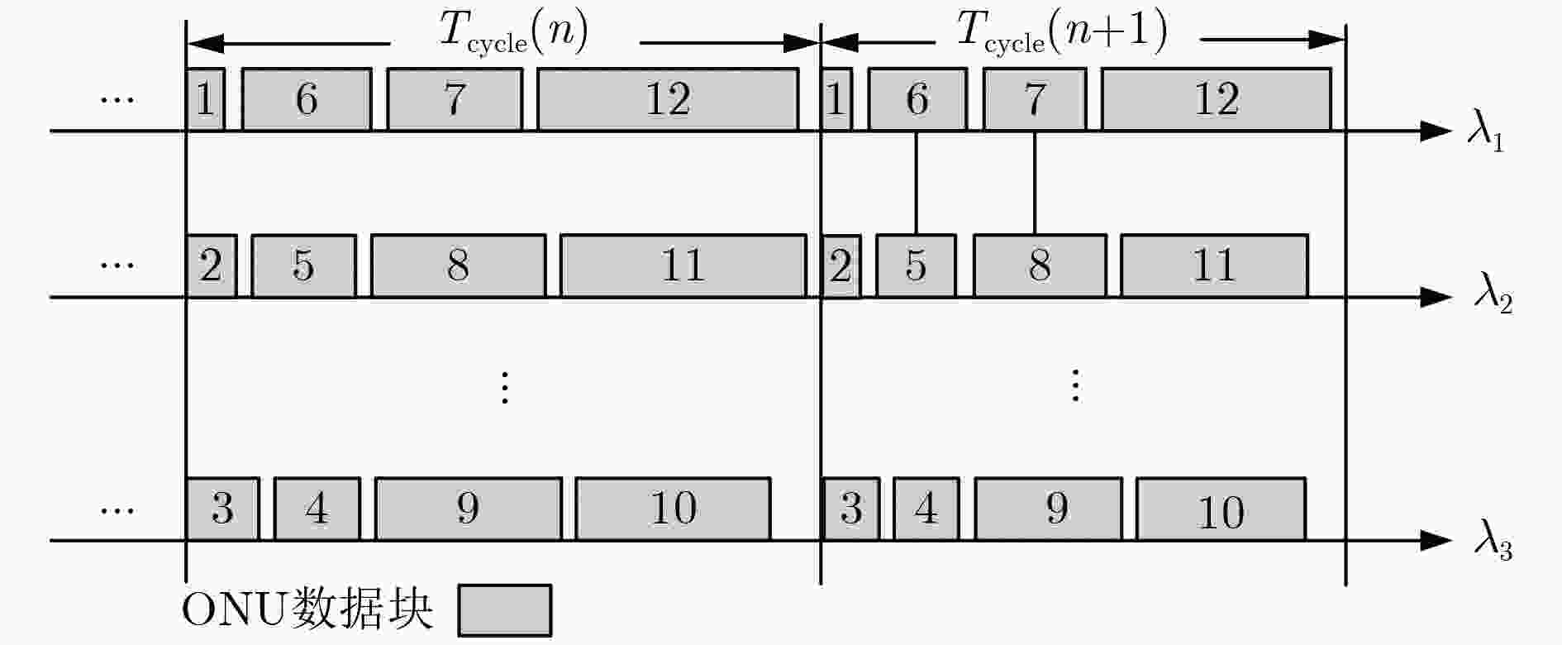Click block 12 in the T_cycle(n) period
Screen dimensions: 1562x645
click(668, 99)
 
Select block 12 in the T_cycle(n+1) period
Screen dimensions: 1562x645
click(1217, 99)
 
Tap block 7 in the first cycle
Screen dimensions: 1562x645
click(455, 99)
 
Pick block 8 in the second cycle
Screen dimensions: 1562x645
click(1040, 265)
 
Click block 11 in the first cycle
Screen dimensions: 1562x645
click(683, 265)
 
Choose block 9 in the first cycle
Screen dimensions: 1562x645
click(469, 509)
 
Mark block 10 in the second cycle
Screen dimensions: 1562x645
click(1221, 509)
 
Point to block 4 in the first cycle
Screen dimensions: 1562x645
click(317, 509)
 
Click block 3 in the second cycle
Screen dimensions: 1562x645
click(850, 509)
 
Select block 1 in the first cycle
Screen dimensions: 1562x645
click(205, 99)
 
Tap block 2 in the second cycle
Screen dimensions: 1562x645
click(841, 265)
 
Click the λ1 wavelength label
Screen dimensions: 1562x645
click(1485, 134)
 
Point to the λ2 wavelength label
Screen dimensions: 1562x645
click(1493, 299)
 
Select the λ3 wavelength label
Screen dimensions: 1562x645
click(1493, 545)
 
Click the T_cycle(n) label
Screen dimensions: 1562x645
click(513, 33)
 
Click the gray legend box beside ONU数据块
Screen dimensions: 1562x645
click(505, 610)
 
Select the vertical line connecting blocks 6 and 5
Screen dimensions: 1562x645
click(916, 183)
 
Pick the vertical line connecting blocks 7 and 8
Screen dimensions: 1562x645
click(1035, 183)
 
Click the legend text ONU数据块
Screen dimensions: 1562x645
click(307, 611)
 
